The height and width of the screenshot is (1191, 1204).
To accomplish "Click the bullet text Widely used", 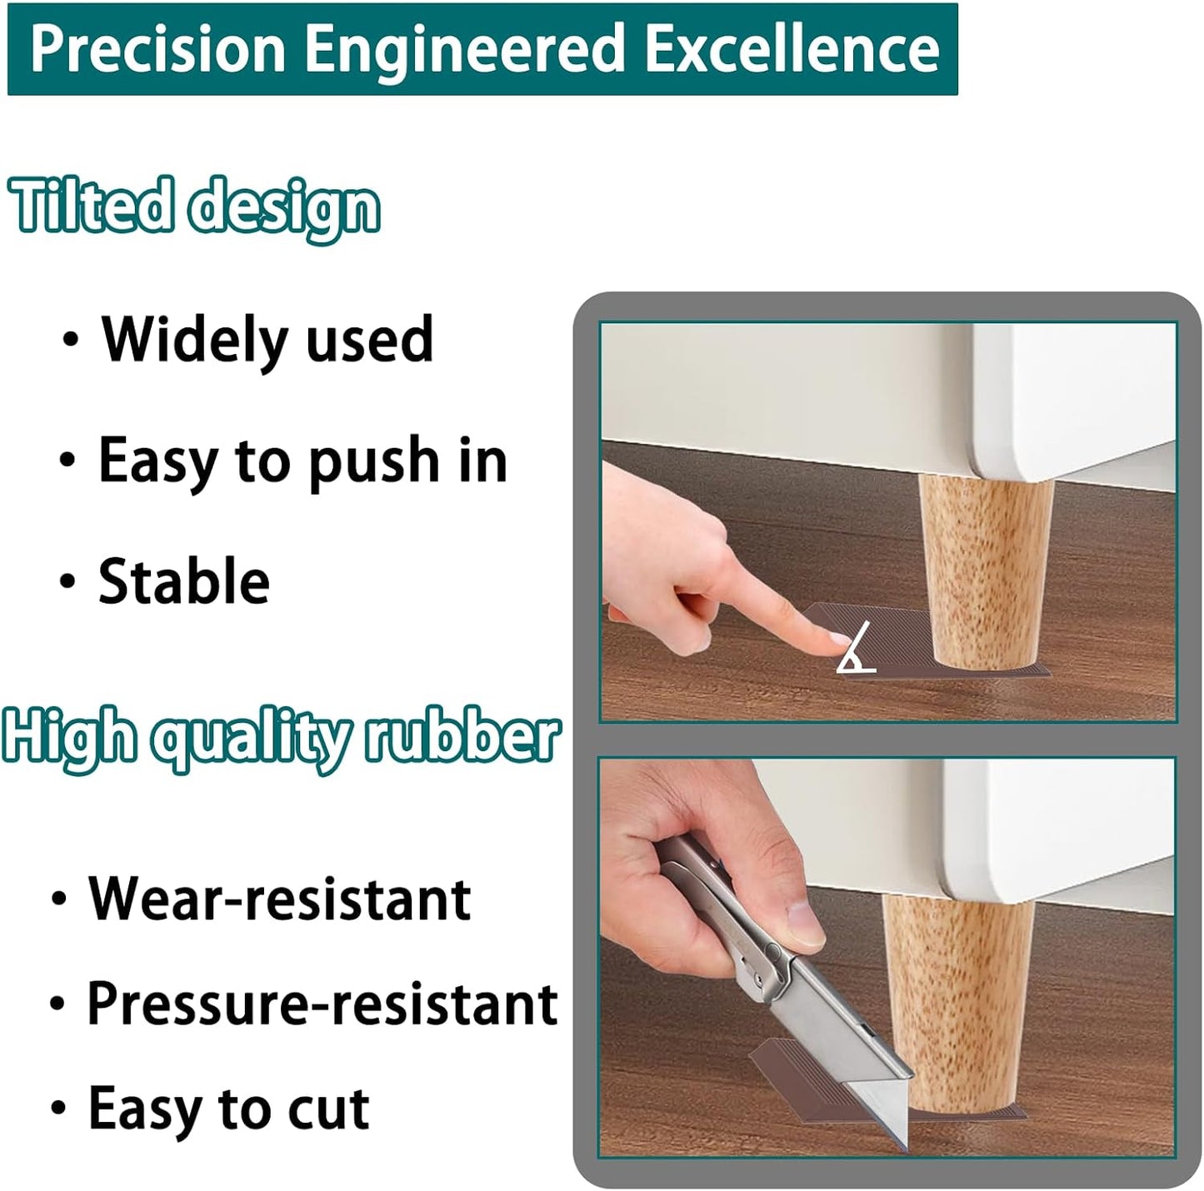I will (267, 340).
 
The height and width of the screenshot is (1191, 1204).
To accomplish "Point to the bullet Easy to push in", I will (302, 461).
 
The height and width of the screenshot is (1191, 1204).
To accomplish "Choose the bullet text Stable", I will (184, 581).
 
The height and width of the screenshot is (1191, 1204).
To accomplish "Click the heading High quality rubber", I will (281, 737).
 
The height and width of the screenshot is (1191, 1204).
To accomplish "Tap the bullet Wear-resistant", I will (280, 899).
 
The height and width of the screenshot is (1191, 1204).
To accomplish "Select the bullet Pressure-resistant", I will (322, 1004).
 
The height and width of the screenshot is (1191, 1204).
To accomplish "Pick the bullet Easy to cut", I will (228, 1109).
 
